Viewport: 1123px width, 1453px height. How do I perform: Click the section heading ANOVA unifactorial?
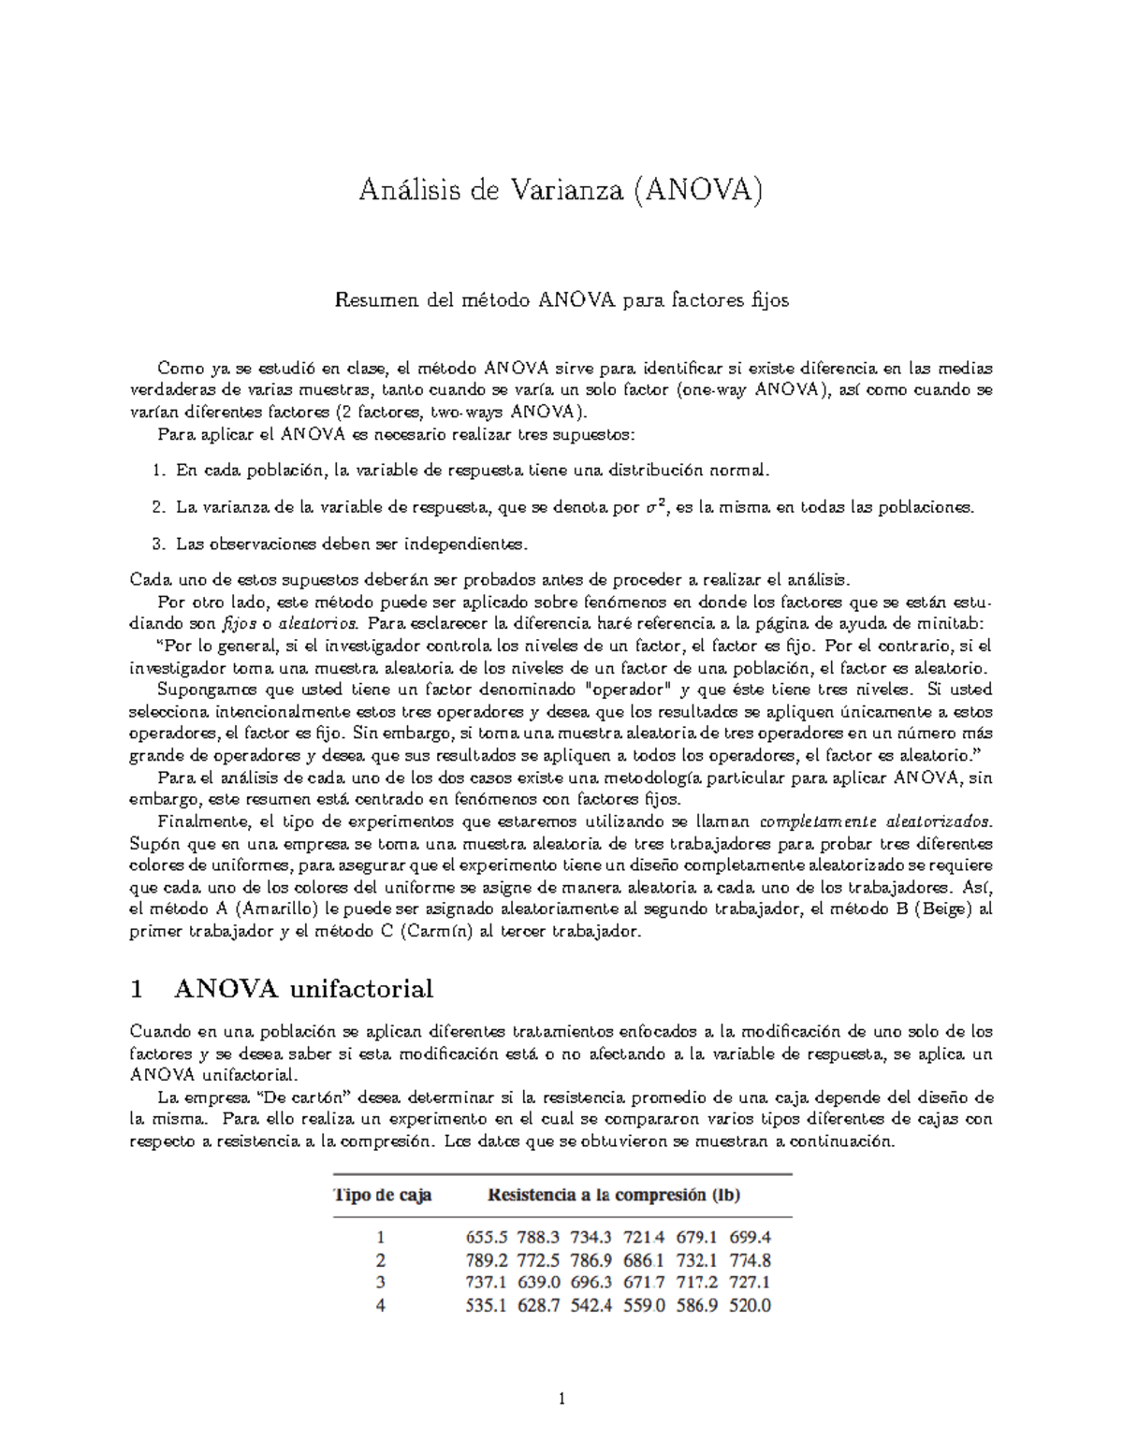303,989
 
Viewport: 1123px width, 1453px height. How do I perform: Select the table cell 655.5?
487,1237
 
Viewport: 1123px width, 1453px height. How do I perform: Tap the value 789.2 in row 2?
487,1260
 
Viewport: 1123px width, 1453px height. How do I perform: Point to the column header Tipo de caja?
383,1195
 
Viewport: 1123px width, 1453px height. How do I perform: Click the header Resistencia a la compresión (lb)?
615,1195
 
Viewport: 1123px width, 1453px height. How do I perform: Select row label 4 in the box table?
381,1306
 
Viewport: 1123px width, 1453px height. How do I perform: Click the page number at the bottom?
561,1401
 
